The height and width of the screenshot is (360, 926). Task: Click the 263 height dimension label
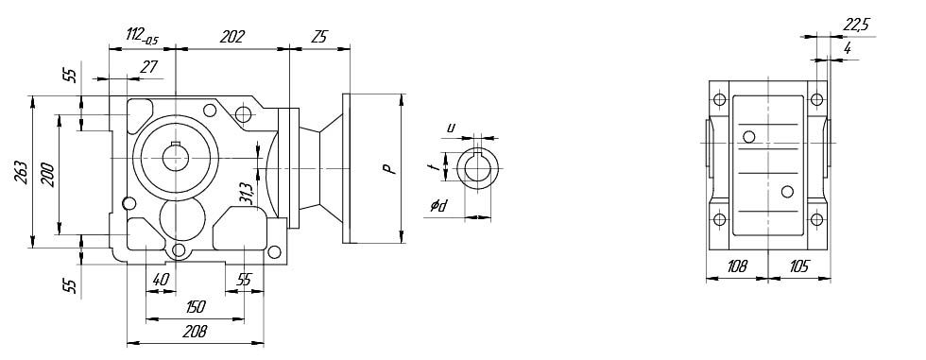pyautogui.click(x=19, y=172)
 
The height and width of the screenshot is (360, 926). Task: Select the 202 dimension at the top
pyautogui.click(x=231, y=37)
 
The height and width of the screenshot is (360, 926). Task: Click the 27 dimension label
pyautogui.click(x=149, y=67)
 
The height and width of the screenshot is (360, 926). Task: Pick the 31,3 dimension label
pyautogui.click(x=247, y=194)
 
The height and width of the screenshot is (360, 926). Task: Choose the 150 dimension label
pyautogui.click(x=196, y=307)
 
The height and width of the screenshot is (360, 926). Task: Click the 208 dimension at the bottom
pyautogui.click(x=195, y=332)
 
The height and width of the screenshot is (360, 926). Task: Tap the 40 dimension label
pyautogui.click(x=161, y=280)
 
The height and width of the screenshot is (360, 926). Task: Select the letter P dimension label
pyautogui.click(x=387, y=169)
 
